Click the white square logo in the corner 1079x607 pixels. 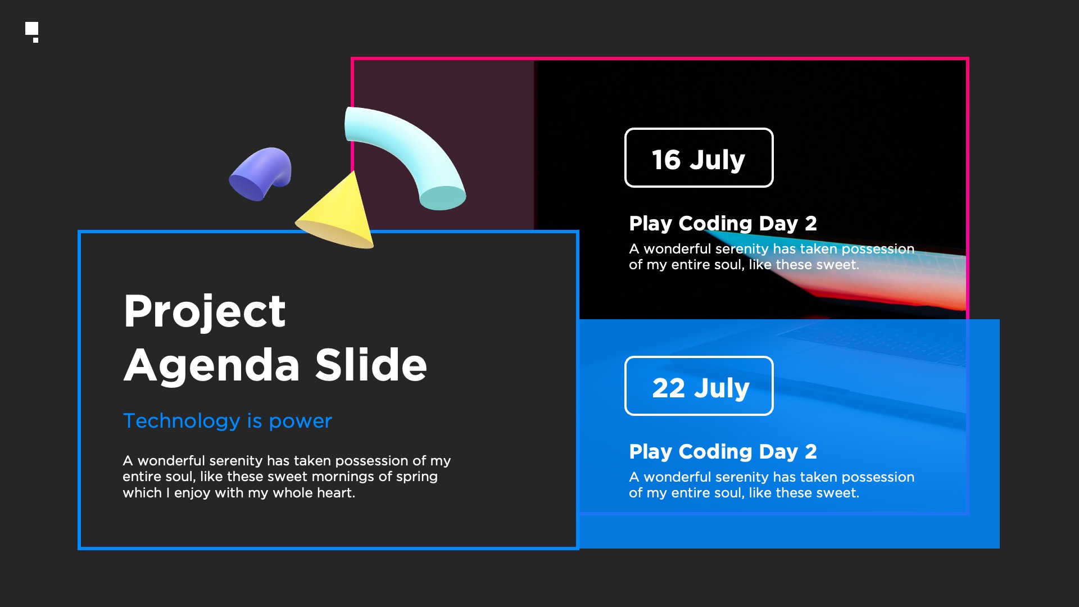pyautogui.click(x=31, y=29)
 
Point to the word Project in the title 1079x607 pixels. pyautogui.click(x=205, y=311)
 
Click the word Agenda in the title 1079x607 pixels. pyautogui.click(x=212, y=366)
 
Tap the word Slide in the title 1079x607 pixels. pyautogui.click(x=371, y=365)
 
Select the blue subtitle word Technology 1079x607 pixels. pyautogui.click(x=182, y=422)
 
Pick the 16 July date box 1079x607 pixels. pyautogui.click(x=699, y=157)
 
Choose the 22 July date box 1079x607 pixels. pyautogui.click(x=699, y=386)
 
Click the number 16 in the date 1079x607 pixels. pyautogui.click(x=666, y=160)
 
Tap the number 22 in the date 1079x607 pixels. pyautogui.click(x=668, y=388)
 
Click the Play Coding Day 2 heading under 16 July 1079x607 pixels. pyautogui.click(x=723, y=224)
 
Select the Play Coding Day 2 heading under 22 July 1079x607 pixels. pyautogui.click(x=723, y=452)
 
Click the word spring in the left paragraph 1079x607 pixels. pyautogui.click(x=416, y=477)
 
